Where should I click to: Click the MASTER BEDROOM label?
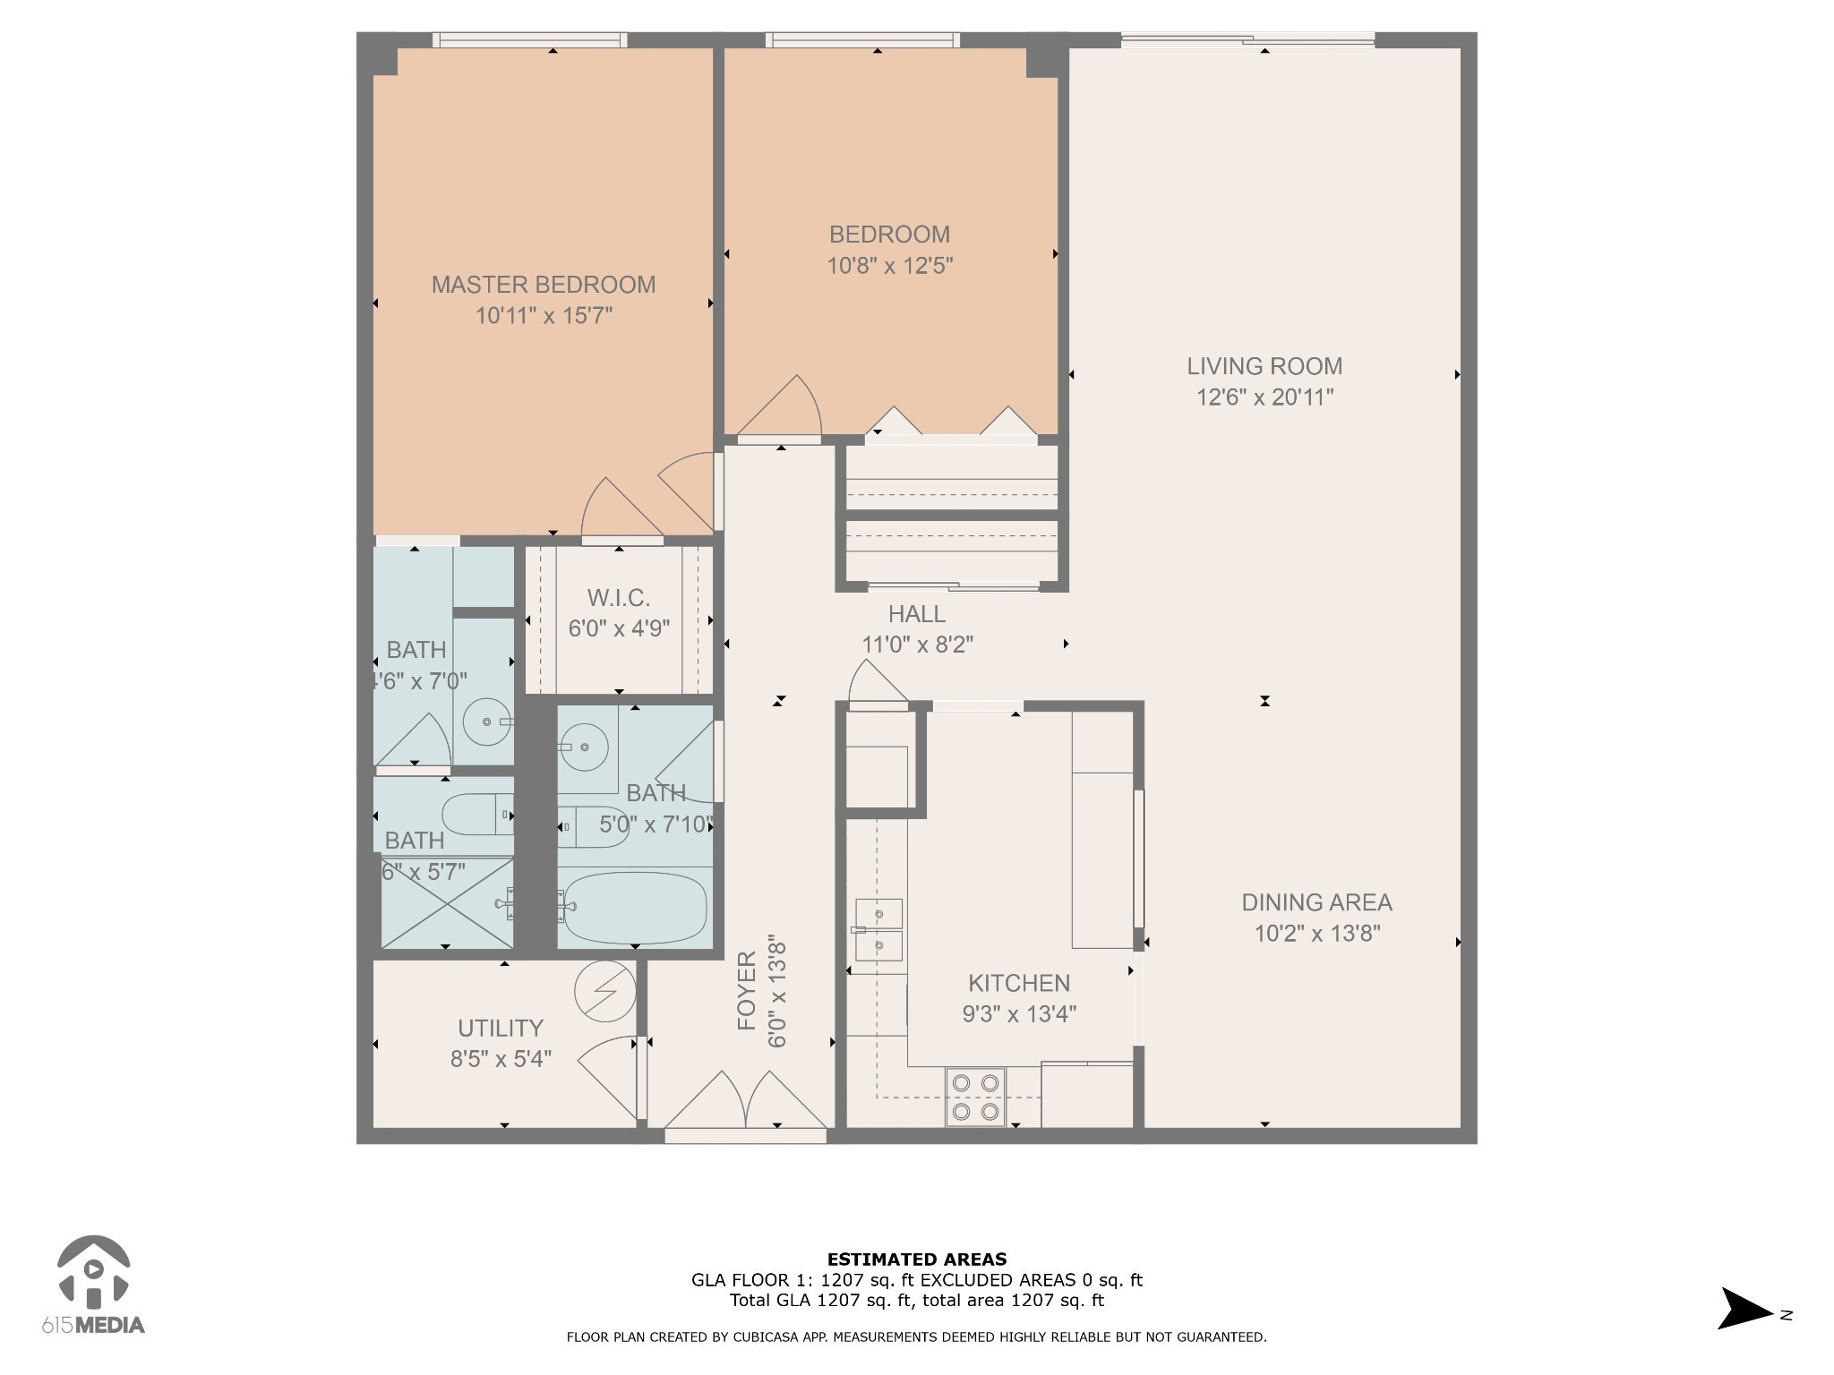[544, 285]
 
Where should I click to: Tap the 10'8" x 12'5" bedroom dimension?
[889, 266]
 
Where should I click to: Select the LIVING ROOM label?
[1264, 366]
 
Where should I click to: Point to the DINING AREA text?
[1316, 902]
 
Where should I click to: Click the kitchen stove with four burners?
[975, 1097]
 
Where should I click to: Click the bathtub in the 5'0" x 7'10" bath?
[635, 908]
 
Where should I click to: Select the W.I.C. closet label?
[618, 598]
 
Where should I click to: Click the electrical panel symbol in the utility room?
[604, 991]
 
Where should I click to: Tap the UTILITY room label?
[501, 1028]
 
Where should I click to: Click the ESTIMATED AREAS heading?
[916, 1260]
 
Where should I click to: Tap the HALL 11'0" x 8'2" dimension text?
[917, 645]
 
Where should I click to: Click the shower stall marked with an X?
[447, 902]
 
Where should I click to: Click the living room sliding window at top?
[1247, 39]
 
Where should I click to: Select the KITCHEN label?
[1018, 983]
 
